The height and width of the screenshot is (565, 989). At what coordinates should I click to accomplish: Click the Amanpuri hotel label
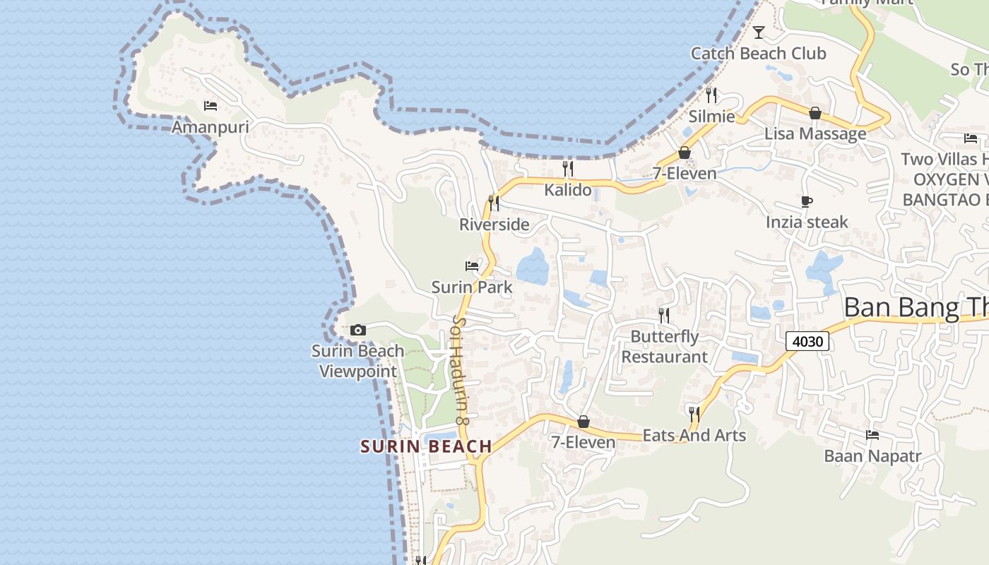click(210, 127)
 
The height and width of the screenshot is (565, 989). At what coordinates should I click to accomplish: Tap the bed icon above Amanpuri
click(210, 106)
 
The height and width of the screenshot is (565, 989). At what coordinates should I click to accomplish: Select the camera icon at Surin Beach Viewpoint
click(358, 330)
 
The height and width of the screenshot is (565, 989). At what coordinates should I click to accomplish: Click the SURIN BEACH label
click(426, 446)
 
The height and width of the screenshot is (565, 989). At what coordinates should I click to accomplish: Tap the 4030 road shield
click(807, 342)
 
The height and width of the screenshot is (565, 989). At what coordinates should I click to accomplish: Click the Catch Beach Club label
click(758, 54)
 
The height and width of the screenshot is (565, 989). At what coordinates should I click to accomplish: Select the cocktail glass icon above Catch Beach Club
click(759, 32)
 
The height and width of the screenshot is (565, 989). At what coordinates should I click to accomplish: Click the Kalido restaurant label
click(567, 190)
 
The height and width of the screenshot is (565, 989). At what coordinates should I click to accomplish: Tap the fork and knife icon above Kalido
click(567, 168)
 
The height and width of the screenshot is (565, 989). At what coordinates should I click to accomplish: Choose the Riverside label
click(494, 225)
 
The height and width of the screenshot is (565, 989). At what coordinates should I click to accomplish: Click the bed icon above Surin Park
click(472, 266)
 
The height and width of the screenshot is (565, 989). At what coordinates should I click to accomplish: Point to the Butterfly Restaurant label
click(664, 347)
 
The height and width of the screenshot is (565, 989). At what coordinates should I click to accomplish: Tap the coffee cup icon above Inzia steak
click(807, 201)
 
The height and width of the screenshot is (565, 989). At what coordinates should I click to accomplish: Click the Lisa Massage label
click(815, 133)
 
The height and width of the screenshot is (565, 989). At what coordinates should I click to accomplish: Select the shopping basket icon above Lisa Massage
click(815, 113)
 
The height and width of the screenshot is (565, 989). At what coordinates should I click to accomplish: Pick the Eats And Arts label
click(694, 435)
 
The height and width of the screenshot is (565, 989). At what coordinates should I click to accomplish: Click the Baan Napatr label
click(872, 456)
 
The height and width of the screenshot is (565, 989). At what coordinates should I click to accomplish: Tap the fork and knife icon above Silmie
click(711, 95)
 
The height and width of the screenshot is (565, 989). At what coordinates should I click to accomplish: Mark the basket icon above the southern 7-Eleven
click(584, 422)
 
